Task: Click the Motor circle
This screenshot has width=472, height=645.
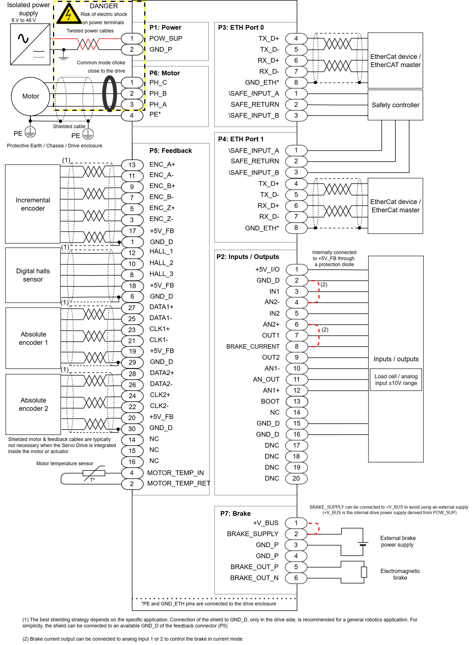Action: pos(30,96)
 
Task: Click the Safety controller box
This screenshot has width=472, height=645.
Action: pos(395,105)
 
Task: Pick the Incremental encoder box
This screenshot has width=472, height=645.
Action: pos(33,204)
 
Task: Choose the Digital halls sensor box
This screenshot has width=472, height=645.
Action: pos(33,275)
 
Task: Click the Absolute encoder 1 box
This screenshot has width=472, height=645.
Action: pos(33,338)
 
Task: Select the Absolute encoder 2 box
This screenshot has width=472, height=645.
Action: pos(33,404)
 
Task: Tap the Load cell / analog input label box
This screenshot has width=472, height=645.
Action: pos(396,379)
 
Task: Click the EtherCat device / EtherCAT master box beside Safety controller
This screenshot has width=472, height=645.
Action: pos(395,60)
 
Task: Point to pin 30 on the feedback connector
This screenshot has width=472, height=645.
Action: pos(132,429)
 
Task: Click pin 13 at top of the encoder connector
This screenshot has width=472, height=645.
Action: pos(132,165)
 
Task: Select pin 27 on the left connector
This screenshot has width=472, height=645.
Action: pos(132,308)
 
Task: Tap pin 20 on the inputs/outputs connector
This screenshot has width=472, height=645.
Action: pos(296,478)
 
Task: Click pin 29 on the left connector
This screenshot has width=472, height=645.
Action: pos(132,362)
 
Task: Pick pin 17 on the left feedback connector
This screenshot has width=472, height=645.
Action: pos(132,231)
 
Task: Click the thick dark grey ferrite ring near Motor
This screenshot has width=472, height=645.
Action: pos(110,93)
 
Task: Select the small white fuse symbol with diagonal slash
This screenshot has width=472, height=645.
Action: pos(94,473)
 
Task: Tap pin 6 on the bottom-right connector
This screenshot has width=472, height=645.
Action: pos(296,578)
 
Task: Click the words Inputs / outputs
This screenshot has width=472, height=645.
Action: pos(396,359)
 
